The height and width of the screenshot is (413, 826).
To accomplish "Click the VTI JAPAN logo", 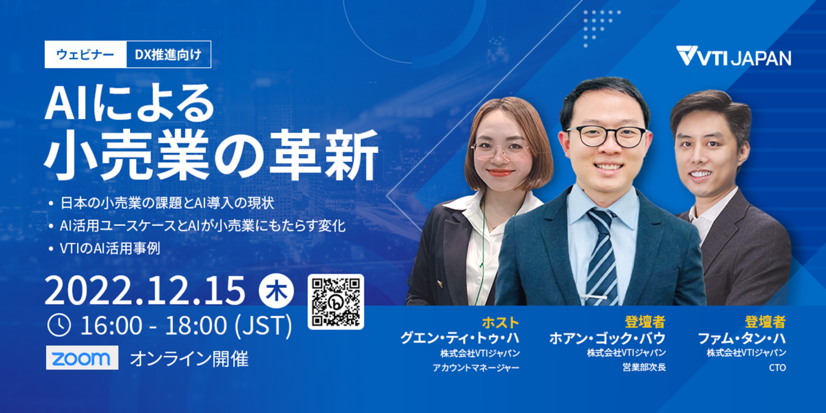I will point(733,57).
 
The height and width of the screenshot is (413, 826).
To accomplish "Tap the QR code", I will point(336,301).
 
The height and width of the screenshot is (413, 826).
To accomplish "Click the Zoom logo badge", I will point(81,358).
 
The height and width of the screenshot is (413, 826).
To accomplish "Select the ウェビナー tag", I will point(86,55).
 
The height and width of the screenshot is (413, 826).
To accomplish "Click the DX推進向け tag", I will point(168,55).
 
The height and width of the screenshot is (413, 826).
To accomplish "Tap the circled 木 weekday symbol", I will point(274,292).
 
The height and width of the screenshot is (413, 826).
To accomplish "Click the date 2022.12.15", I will point(145,291).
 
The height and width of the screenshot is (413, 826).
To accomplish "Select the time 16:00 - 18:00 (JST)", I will point(186,325).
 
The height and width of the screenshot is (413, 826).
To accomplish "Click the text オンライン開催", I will point(189,359).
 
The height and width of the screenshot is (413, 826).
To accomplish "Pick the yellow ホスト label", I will point(500,322).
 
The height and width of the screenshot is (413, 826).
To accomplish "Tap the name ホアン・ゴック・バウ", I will point(607,338).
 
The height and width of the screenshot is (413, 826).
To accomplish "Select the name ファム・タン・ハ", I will point(741,338).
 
